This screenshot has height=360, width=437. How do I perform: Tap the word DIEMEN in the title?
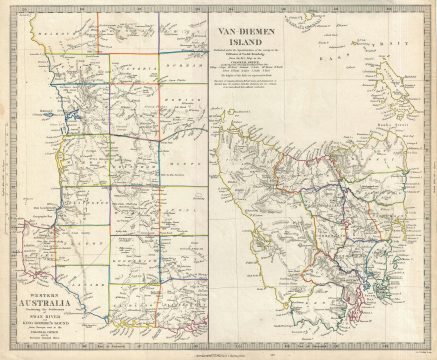pyautogui.click(x=265, y=30)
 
